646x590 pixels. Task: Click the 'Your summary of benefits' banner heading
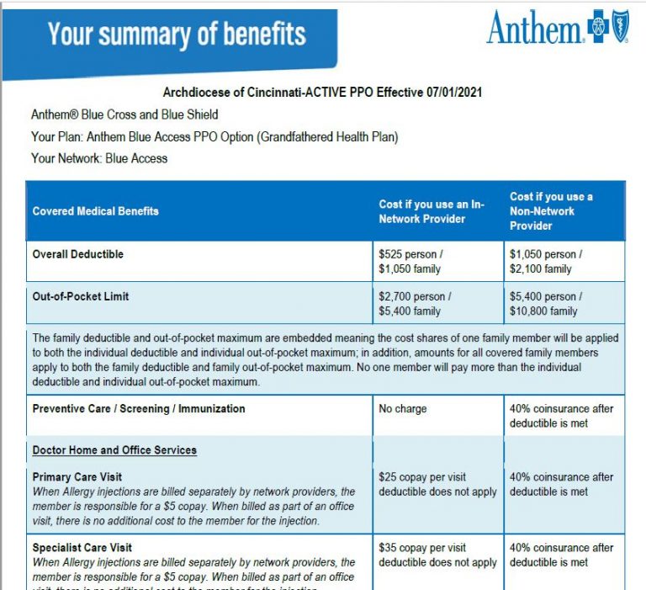coord(177,35)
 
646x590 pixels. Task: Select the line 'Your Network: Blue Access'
coord(99,158)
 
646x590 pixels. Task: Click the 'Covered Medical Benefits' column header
coord(95,211)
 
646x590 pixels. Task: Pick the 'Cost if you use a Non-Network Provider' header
coord(552,211)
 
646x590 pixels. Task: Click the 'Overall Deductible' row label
coord(78,254)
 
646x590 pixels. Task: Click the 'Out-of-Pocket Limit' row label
coord(81,296)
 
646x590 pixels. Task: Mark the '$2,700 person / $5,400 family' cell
coord(416,304)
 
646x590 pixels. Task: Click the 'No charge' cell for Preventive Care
coord(403,409)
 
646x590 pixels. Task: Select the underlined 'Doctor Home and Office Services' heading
coord(114,450)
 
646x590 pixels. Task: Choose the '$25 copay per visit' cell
coord(422,477)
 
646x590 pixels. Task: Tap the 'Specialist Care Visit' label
coord(82,548)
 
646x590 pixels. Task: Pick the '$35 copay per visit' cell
coord(422,548)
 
